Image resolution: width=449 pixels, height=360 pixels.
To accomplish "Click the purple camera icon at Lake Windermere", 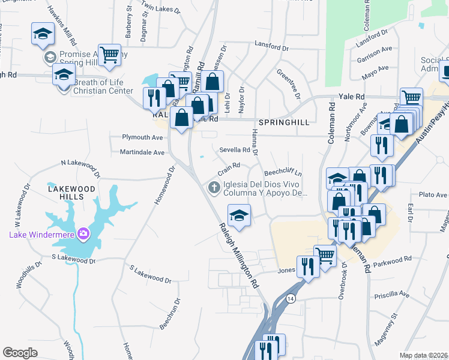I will click(x=83, y=233).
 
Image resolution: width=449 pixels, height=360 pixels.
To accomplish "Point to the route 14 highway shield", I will click(x=291, y=298).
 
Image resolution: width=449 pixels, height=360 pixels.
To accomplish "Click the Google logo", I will click(x=20, y=353).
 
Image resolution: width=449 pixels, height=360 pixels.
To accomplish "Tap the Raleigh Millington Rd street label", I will click(x=238, y=254).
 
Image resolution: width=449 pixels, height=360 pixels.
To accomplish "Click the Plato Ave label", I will click(x=433, y=195).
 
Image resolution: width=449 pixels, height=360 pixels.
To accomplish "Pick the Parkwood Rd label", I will click(x=393, y=259).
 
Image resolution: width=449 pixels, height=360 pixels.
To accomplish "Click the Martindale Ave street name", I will click(x=142, y=152).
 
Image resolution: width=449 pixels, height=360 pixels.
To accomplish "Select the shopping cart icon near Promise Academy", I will click(x=109, y=55).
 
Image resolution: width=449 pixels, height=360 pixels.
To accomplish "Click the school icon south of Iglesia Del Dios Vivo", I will click(x=239, y=216).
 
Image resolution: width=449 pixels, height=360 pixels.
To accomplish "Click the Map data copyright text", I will click(x=424, y=355).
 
